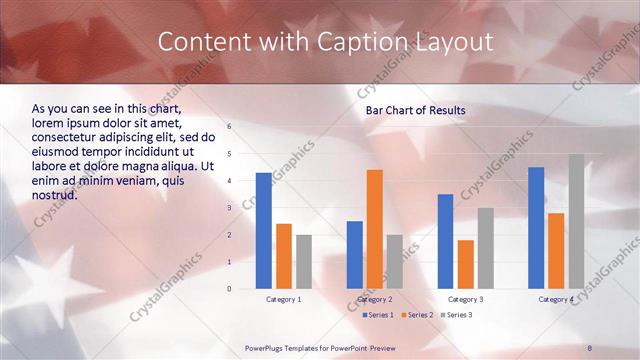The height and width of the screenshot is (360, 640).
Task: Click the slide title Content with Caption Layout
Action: point(325,42)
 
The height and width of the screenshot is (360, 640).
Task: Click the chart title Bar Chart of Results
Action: point(415,109)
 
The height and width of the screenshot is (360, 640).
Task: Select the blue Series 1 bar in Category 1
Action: point(263,231)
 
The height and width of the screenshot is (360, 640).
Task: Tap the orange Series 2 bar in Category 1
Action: point(284,256)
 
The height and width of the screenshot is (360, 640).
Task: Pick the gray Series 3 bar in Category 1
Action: point(304,262)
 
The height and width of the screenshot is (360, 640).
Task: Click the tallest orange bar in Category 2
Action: point(375,229)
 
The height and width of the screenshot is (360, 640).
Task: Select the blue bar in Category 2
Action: point(355,255)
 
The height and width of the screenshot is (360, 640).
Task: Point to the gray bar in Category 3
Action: point(485,248)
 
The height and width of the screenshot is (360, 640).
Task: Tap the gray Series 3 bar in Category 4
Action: point(576,221)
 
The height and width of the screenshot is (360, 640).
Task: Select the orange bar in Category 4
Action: point(556,251)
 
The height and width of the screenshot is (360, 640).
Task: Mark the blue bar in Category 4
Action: point(536,228)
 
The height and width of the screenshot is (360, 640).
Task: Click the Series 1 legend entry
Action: point(378,315)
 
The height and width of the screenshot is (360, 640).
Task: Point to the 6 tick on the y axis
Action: point(229,127)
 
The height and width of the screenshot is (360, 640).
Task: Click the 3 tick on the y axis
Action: point(229,208)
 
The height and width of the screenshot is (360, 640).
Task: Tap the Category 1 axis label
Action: point(284,299)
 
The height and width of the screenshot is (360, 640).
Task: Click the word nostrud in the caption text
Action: point(54,196)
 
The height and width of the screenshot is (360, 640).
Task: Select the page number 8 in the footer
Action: point(590,347)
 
